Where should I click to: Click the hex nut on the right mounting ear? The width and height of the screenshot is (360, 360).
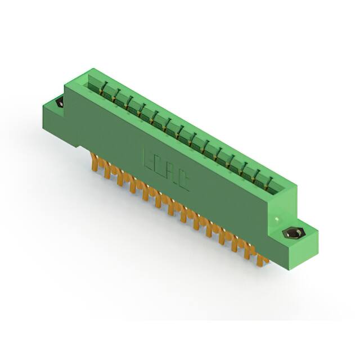(292, 233)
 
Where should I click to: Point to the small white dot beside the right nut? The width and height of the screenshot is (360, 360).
(276, 218)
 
